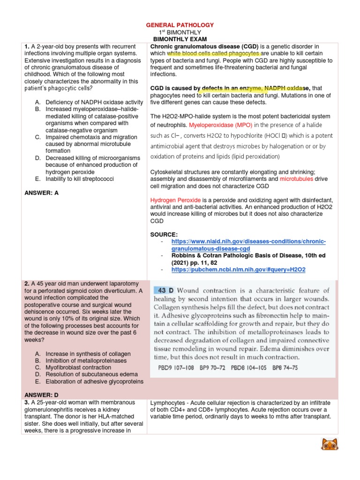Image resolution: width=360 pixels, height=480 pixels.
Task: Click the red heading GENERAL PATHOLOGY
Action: [180, 25]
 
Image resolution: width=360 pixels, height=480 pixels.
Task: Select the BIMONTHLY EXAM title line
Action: [180, 39]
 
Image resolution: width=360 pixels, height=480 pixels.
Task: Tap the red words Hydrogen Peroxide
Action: [173, 199]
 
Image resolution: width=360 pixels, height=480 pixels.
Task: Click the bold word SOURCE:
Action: [164, 233]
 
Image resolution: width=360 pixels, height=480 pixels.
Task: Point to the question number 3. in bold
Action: [27, 403]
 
